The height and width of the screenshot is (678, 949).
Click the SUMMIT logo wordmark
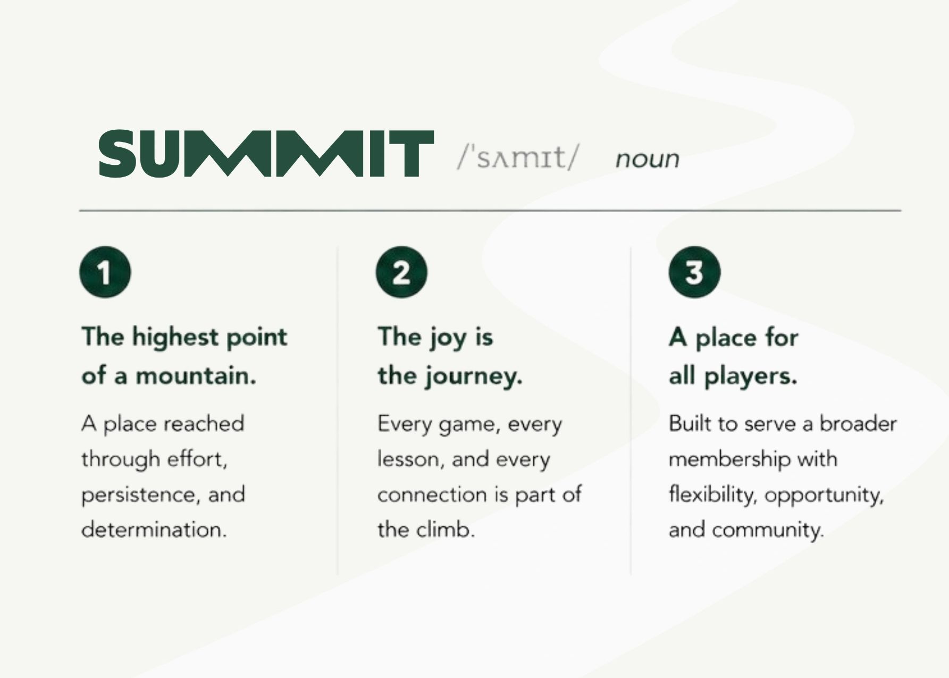266,153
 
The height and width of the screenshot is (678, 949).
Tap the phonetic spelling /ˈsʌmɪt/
518,156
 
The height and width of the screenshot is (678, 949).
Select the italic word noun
647,159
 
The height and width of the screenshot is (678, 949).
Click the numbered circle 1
105,272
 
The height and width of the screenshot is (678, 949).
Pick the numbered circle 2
401,272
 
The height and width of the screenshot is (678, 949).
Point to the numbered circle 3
694,272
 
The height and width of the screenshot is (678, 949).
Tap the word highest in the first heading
175,337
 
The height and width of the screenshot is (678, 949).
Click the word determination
154,530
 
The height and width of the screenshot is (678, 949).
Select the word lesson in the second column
407,459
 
